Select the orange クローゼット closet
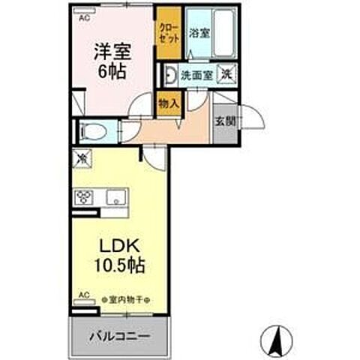[x=168, y=33]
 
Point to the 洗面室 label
[x=197, y=75]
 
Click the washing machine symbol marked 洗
[x=226, y=74]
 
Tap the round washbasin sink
[x=171, y=75]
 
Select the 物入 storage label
[x=169, y=103]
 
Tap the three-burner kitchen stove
[x=83, y=197]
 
